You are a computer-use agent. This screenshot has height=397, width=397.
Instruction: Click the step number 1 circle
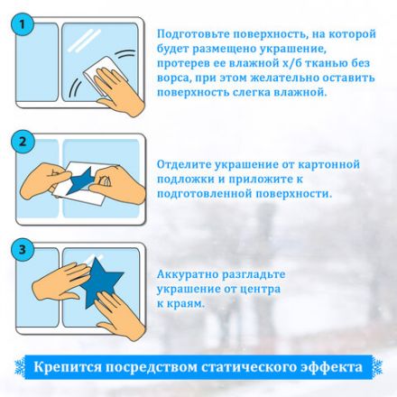pyautogui.click(x=25, y=27)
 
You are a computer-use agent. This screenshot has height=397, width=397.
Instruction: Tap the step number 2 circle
pyautogui.click(x=25, y=143)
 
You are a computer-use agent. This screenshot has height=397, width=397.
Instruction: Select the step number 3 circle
pyautogui.click(x=25, y=248)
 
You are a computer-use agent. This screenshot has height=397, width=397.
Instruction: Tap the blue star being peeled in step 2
pyautogui.click(x=84, y=180)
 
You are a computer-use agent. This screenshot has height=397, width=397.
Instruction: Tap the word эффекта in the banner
pyautogui.click(x=331, y=368)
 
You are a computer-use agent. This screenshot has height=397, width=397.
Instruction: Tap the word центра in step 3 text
pyautogui.click(x=266, y=289)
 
